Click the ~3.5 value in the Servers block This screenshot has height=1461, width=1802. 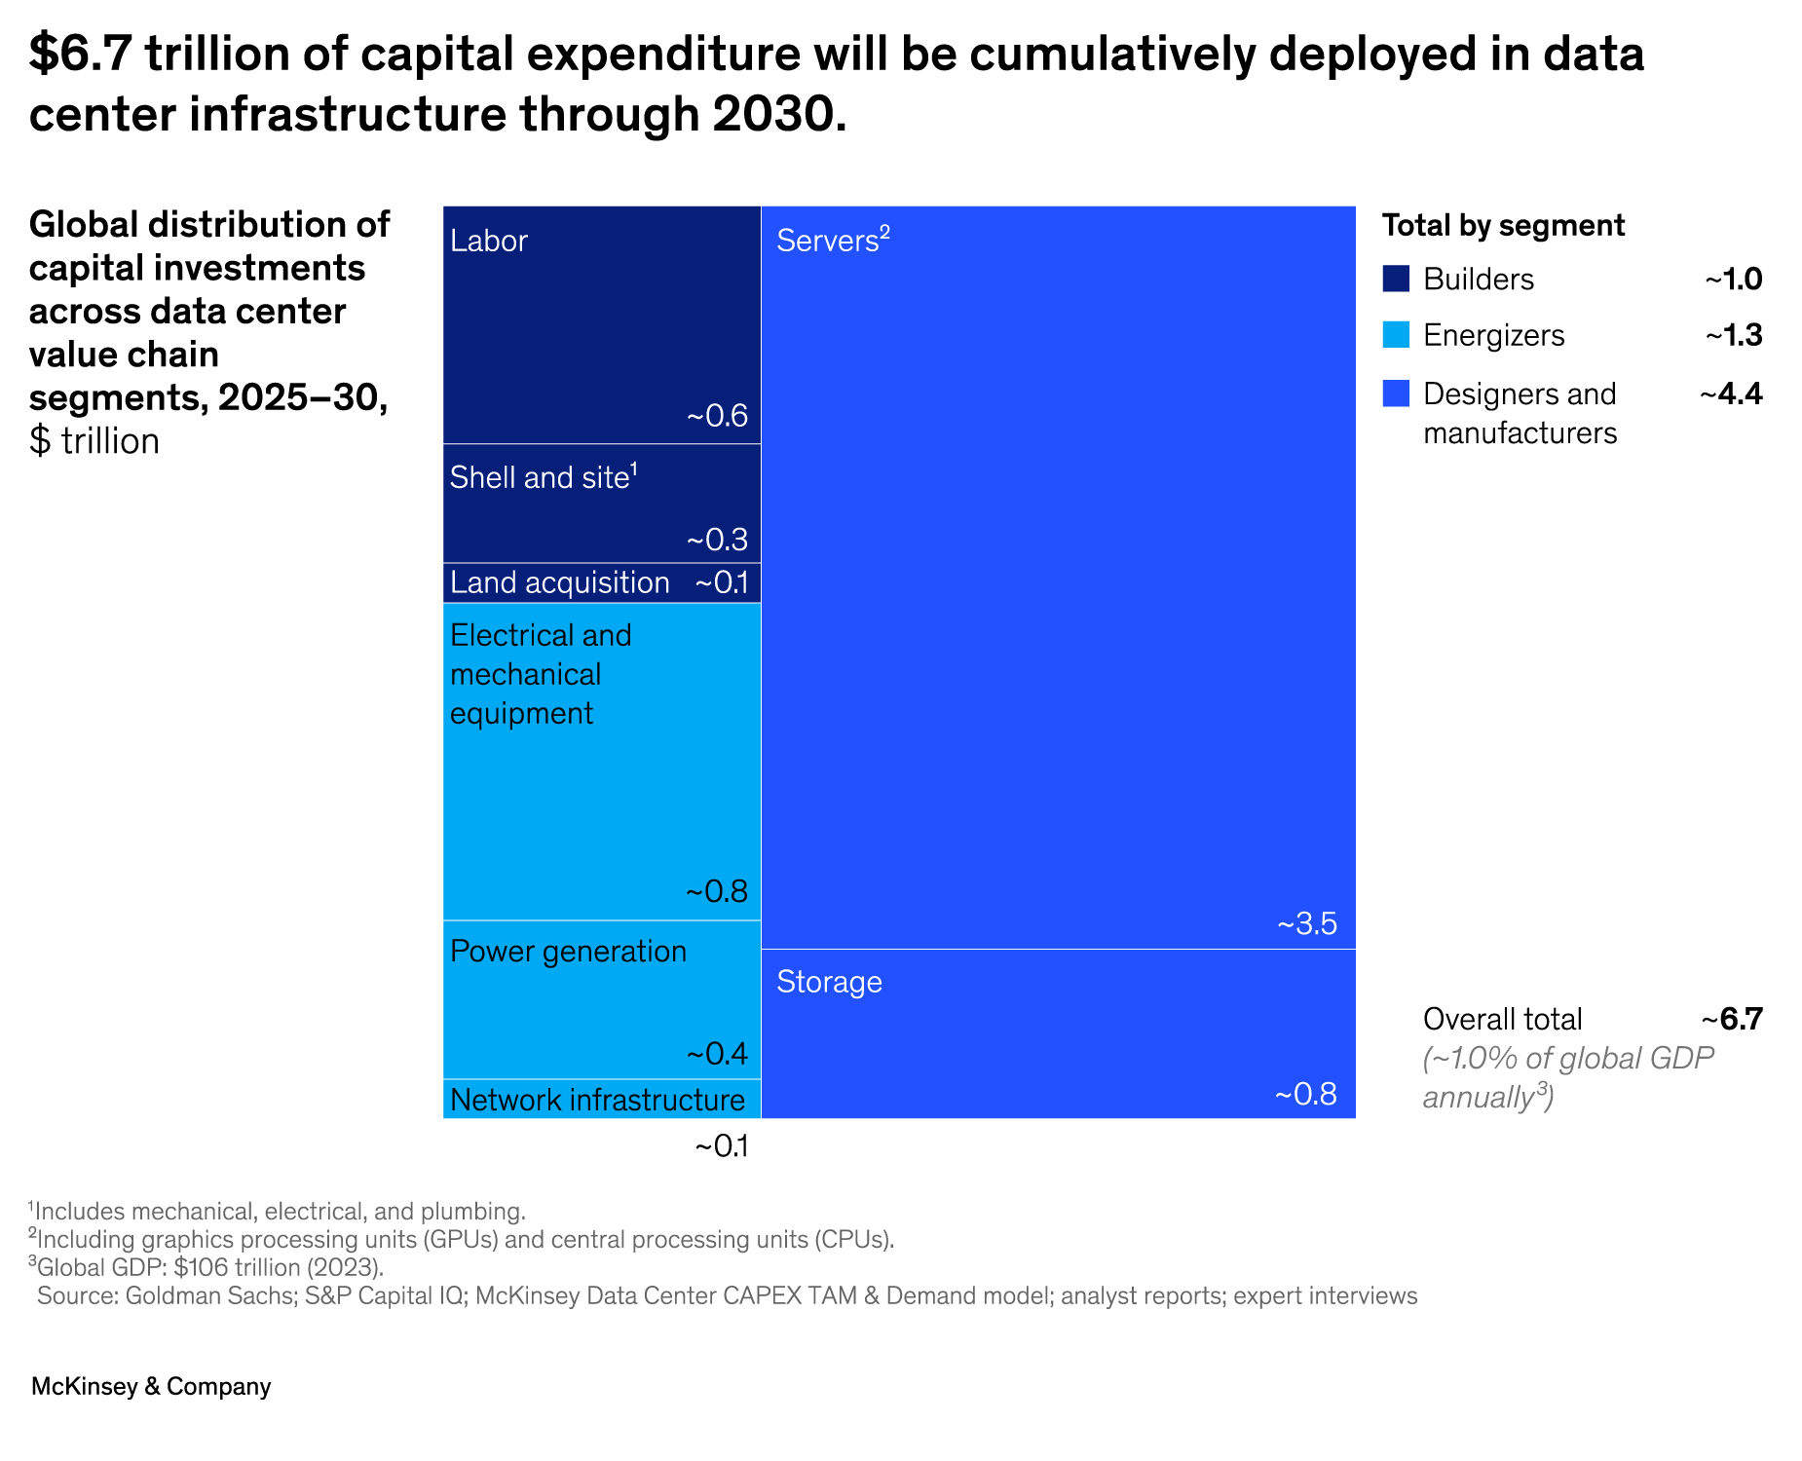click(x=1307, y=923)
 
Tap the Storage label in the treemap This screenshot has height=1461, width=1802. click(x=829, y=982)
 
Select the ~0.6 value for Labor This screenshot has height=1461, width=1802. click(x=717, y=417)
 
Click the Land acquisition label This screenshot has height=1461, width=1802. click(x=559, y=582)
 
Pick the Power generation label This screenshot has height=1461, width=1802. click(x=568, y=951)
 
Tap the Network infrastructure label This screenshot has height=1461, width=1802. click(x=597, y=1100)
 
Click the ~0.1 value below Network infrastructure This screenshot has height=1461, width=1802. click(x=721, y=1146)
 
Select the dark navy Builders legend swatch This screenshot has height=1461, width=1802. click(x=1396, y=279)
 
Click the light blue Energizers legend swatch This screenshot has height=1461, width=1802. click(x=1396, y=335)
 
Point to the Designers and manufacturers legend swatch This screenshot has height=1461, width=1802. click(x=1396, y=393)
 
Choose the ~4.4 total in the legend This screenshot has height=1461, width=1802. click(x=1731, y=393)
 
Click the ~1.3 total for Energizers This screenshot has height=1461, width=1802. click(x=1733, y=335)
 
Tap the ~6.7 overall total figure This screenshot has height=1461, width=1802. click(x=1732, y=1019)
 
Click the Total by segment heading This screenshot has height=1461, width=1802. click(x=1503, y=225)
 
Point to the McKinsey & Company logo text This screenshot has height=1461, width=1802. click(x=151, y=1386)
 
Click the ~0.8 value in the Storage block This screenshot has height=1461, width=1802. click(x=1305, y=1094)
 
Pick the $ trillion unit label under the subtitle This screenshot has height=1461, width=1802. click(x=94, y=441)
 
